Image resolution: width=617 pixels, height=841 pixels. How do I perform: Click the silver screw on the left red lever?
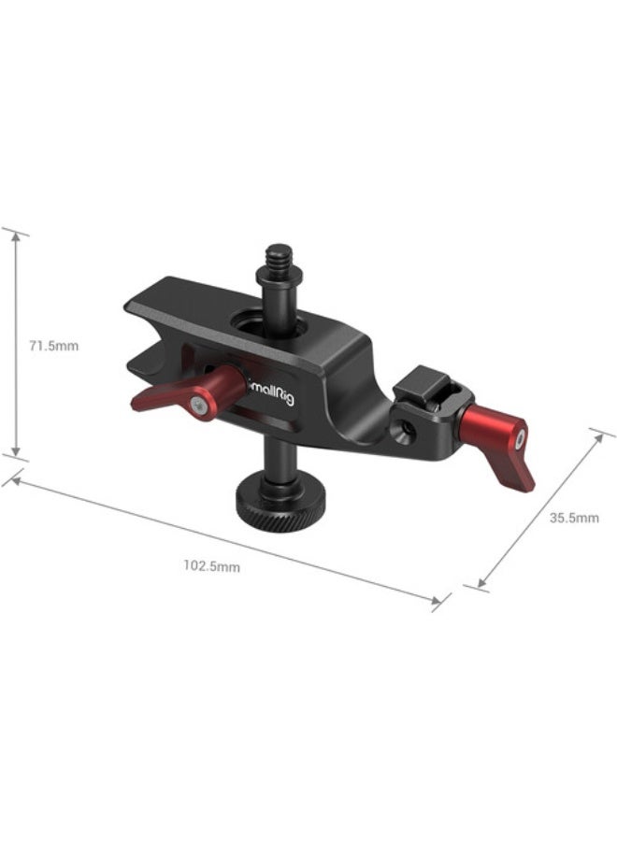[200, 403]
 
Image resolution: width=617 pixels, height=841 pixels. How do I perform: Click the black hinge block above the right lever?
[423, 386]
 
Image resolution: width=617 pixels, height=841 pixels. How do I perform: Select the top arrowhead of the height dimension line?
[15, 234]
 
